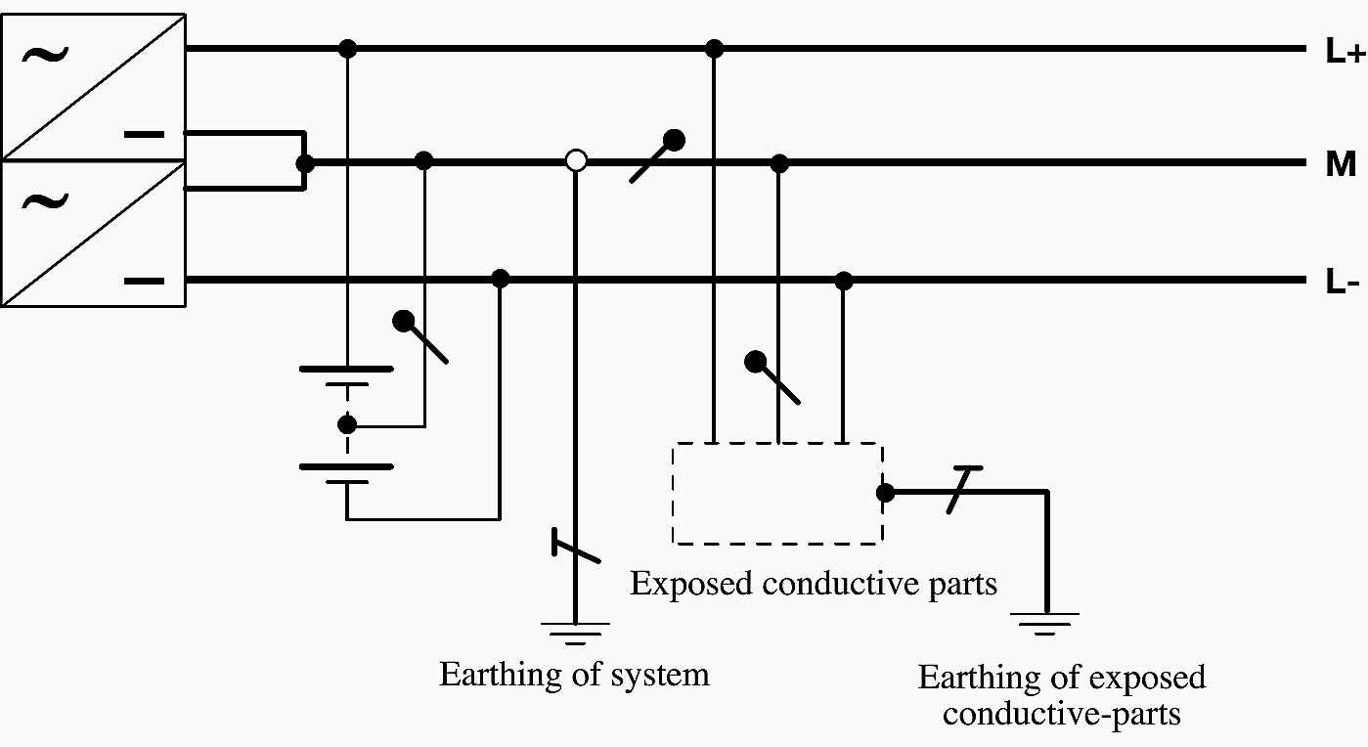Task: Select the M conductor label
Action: pos(1341,164)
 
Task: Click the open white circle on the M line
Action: pos(577,160)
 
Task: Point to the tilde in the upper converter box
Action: pos(45,54)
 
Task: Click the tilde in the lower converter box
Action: pos(45,202)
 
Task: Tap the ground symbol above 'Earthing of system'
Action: pos(575,633)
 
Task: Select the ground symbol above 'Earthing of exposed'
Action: pos(1045,623)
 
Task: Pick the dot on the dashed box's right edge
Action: pos(885,493)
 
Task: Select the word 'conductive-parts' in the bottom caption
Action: pos(1061,713)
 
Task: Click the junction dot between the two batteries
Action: pos(346,424)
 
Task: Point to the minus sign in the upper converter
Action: pos(145,133)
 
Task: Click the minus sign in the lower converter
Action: pos(145,282)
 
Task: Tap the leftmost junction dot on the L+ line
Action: pos(346,48)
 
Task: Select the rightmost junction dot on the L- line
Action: pos(844,281)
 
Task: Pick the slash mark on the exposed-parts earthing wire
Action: pos(966,491)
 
